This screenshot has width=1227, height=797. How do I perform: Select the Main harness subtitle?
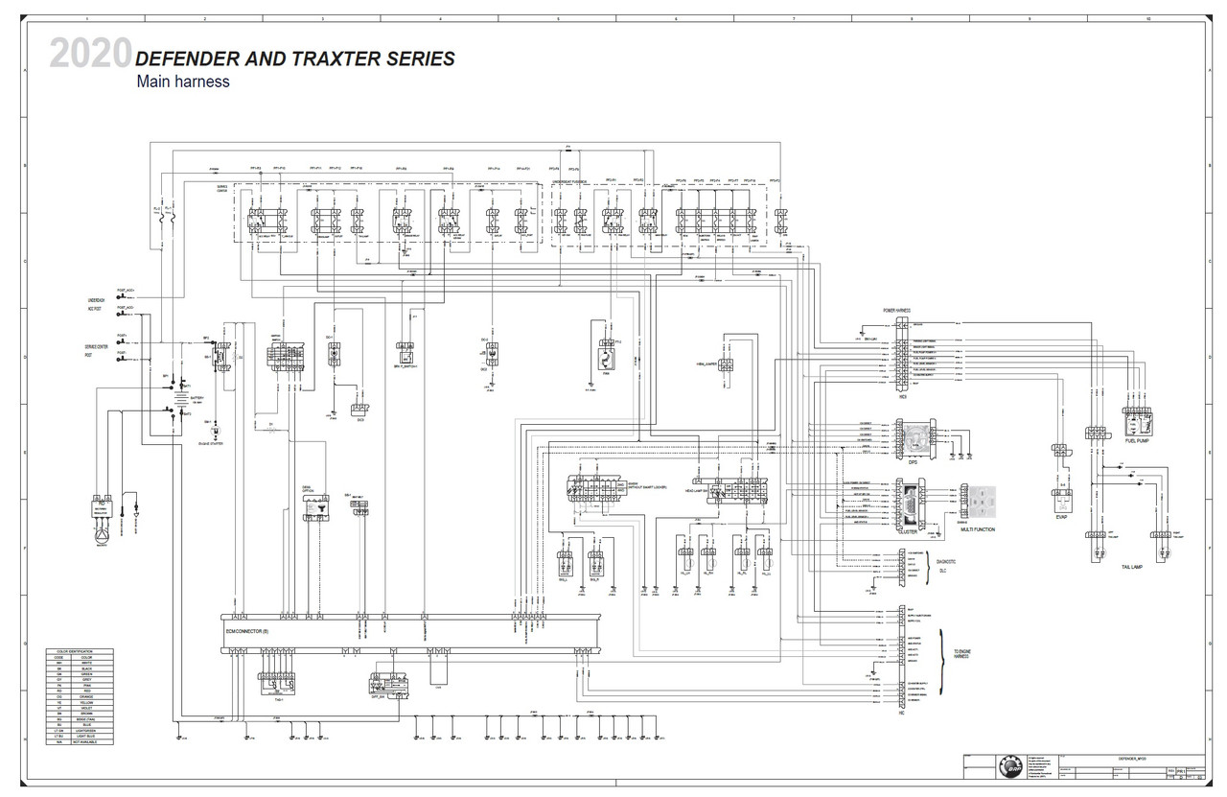183,82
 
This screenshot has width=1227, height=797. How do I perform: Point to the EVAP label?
1061,516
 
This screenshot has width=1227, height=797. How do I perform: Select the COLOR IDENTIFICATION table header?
79,651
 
